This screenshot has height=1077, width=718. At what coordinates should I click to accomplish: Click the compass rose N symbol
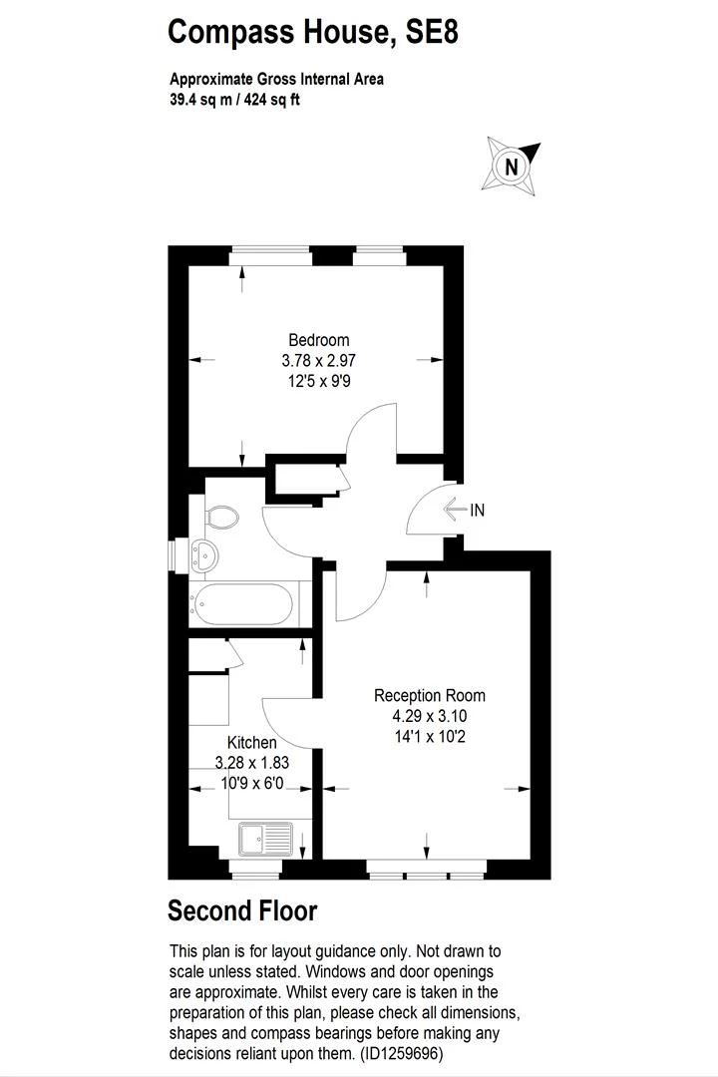[x=512, y=167]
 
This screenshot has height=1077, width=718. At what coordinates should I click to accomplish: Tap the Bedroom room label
[x=318, y=340]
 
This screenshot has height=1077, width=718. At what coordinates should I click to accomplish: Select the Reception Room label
[x=430, y=695]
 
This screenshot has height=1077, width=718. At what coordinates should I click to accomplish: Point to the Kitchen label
[x=252, y=742]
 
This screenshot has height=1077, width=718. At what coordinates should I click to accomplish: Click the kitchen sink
[x=265, y=839]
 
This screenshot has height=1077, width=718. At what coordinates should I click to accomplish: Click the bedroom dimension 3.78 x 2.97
[x=318, y=359]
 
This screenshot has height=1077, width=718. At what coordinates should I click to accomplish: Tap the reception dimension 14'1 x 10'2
[x=430, y=737]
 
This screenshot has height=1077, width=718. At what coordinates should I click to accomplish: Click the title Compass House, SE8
[x=313, y=32]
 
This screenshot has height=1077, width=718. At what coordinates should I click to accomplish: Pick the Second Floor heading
[x=242, y=910]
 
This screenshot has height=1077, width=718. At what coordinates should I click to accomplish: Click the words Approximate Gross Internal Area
[x=276, y=80]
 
